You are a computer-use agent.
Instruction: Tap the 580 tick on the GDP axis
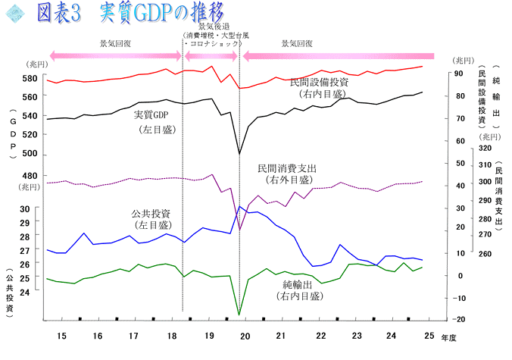click(30, 79)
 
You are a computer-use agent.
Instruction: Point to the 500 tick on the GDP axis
click(30, 154)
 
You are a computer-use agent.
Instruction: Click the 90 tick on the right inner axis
click(458, 74)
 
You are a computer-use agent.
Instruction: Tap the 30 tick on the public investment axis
click(25, 208)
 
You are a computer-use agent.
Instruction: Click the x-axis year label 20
click(244, 336)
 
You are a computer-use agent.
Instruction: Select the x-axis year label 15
click(61, 336)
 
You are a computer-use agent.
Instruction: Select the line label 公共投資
click(150, 213)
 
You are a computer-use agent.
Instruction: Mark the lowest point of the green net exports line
click(239, 314)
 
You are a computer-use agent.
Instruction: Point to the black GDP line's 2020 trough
click(239, 154)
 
